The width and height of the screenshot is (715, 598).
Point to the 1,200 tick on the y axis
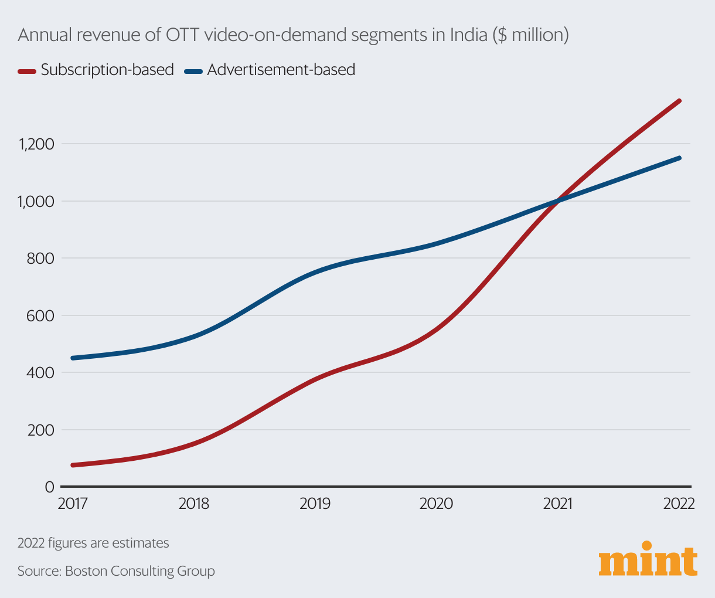[36, 144]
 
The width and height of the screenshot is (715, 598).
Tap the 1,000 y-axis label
[36, 201]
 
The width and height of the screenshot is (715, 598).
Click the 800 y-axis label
[41, 258]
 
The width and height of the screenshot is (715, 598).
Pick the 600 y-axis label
[41, 315]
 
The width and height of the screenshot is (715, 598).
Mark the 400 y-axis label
[41, 372]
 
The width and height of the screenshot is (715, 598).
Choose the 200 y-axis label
[41, 430]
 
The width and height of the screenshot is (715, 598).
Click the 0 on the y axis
[49, 487]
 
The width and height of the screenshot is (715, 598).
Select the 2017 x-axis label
[72, 504]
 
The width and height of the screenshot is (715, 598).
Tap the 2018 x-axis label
[194, 504]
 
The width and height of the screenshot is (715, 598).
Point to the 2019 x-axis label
[315, 504]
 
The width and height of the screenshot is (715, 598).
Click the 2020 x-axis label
[436, 504]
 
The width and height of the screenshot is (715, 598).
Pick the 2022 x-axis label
[679, 504]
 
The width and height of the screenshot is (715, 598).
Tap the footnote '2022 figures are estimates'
[93, 543]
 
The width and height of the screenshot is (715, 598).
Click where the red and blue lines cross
[558, 201]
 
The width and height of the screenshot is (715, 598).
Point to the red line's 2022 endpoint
[679, 101]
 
